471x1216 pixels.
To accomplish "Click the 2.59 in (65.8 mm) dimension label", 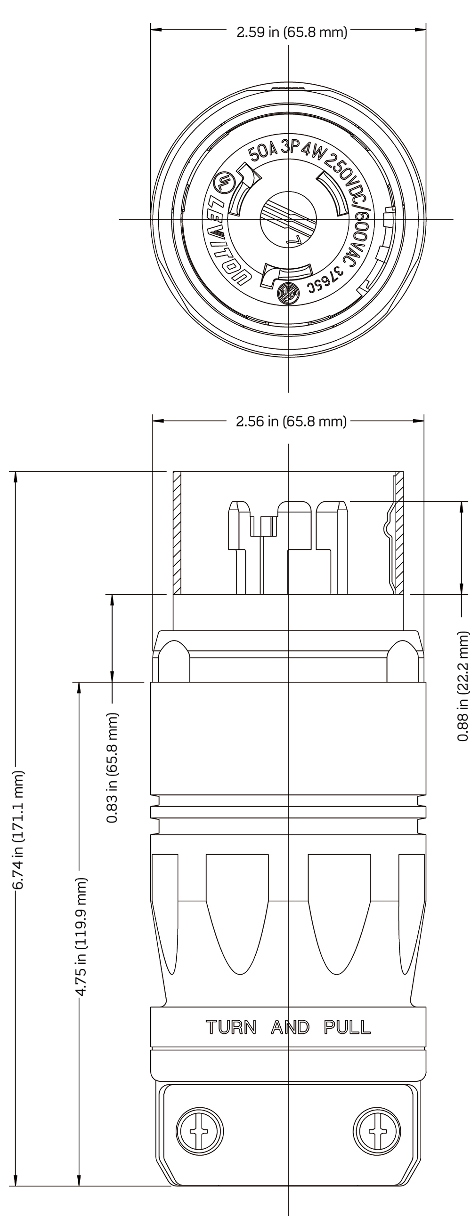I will [292, 32].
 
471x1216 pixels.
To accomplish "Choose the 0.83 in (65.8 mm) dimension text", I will [113, 768].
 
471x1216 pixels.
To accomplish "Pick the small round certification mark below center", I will [287, 294].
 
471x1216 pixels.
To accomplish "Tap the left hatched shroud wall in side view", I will [177, 533].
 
